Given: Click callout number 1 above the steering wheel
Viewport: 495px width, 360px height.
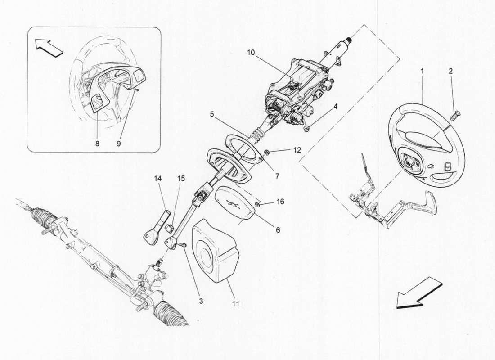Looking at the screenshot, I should [x=422, y=71].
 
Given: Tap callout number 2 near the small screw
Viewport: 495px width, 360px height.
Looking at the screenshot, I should [x=450, y=71].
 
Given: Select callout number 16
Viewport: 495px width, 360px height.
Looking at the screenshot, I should [x=280, y=202].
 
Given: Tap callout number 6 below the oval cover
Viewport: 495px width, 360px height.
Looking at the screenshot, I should [x=278, y=229].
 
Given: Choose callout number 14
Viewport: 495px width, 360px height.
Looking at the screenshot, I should [x=157, y=178].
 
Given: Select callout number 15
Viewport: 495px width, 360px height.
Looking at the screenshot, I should [x=180, y=178].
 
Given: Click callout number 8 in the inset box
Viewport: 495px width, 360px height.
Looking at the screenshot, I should [x=98, y=144].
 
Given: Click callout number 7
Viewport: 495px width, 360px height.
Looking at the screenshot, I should [x=277, y=176].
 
